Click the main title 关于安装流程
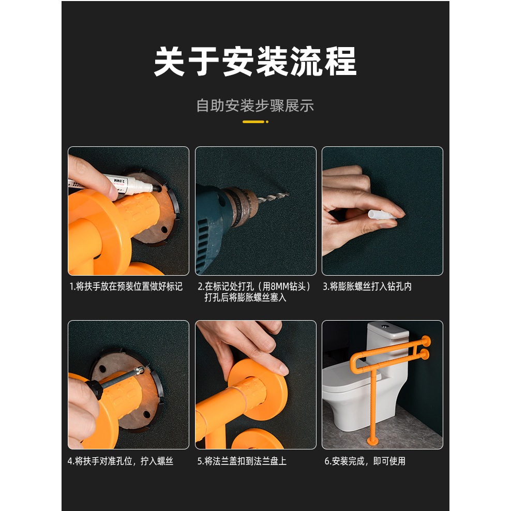[x=255, y=61]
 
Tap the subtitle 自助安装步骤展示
[x=255, y=106]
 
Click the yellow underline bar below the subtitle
[x=253, y=122]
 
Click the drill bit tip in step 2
[x=288, y=194]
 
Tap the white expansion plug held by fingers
[x=382, y=215]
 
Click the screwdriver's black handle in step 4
[x=95, y=389]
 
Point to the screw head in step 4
[x=139, y=370]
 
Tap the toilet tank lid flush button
[x=385, y=325]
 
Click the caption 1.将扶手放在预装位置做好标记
[x=126, y=287]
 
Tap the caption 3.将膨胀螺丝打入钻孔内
[x=367, y=287]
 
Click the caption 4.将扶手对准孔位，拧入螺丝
[x=121, y=461]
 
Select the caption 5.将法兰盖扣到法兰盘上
[x=242, y=461]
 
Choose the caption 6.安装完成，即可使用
[x=365, y=461]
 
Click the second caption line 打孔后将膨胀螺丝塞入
[x=245, y=297]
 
